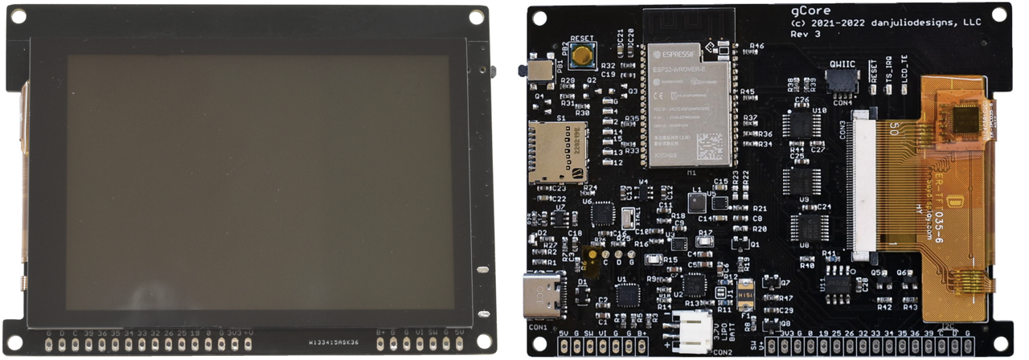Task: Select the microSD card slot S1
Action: [x=556, y=152]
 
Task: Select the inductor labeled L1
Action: [x=696, y=202]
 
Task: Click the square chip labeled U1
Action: [x=627, y=294]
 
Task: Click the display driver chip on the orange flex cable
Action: [x=964, y=120]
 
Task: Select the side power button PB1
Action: [x=533, y=70]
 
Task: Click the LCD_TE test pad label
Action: [x=905, y=80]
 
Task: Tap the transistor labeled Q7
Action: [x=773, y=282]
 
